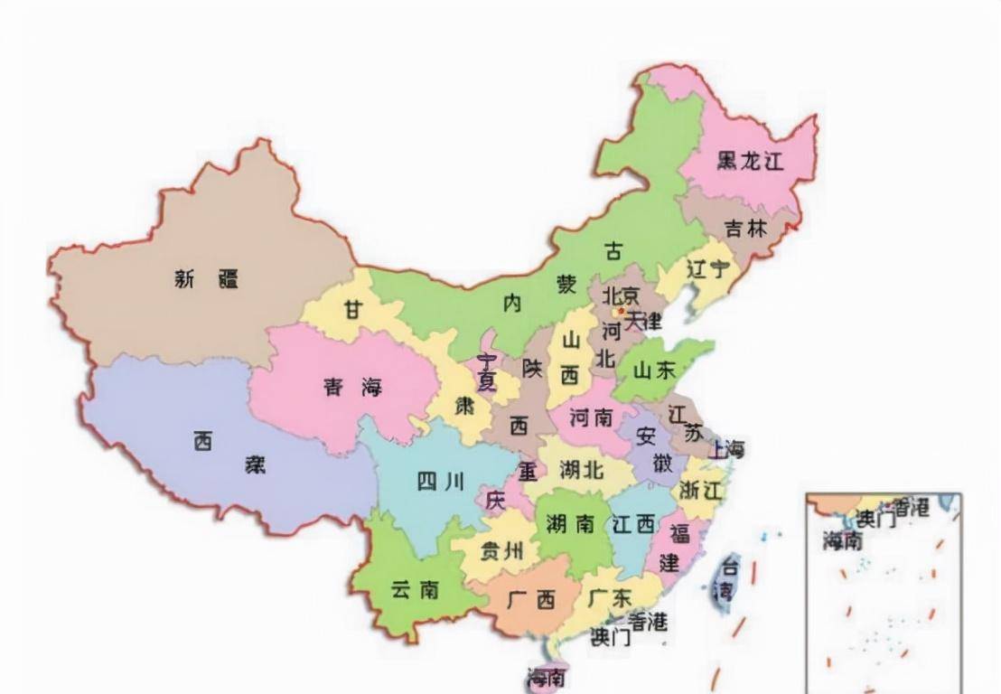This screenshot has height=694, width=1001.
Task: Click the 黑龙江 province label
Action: click(x=750, y=162)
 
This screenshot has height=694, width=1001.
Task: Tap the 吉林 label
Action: click(x=745, y=229)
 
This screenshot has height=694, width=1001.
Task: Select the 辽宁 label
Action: click(x=706, y=268)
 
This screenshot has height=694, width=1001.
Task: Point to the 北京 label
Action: click(x=621, y=295)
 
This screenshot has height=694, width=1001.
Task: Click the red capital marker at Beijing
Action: click(x=621, y=312)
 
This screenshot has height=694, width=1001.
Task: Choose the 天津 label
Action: click(x=643, y=321)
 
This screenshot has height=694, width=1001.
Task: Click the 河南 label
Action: click(x=591, y=417)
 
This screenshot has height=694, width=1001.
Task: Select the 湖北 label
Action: click(x=581, y=471)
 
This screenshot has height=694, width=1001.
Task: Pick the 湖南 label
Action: click(x=569, y=523)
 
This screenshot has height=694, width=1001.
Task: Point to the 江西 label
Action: click(x=631, y=523)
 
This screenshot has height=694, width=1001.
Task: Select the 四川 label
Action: click(x=440, y=482)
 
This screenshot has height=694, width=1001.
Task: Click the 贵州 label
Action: click(x=501, y=551)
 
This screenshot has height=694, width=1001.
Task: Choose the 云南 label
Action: click(x=415, y=589)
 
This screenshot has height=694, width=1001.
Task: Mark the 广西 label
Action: click(x=532, y=598)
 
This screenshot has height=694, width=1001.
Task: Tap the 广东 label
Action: click(x=609, y=598)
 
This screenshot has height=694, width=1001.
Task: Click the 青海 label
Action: click(x=353, y=389)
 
